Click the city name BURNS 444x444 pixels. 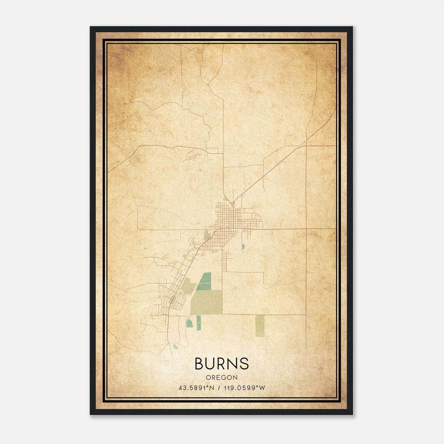tap(221, 364)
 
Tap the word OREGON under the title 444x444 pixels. tap(221, 377)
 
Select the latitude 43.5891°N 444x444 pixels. tap(196, 388)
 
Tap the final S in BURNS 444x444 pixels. tap(244, 364)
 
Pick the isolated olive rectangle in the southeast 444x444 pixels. tap(260, 326)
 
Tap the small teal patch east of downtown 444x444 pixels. tap(243, 246)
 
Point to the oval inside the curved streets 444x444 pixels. tap(173, 299)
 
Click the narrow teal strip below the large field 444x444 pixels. tap(198, 323)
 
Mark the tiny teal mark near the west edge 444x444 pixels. tap(118, 162)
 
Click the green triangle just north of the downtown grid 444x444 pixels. tap(226, 199)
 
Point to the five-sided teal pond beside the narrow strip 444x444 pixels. tap(189, 323)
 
